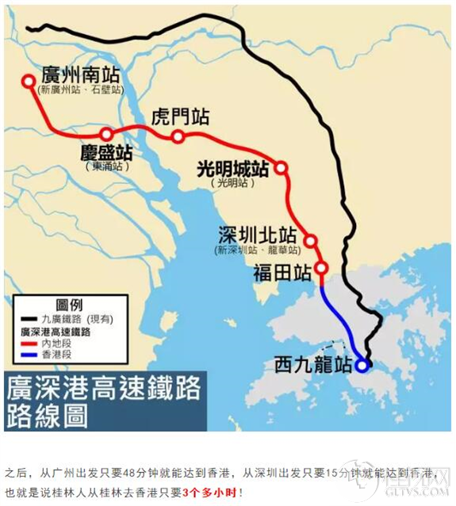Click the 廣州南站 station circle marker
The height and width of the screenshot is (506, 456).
tap(29, 80)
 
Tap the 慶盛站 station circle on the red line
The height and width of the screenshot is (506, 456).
tap(106, 134)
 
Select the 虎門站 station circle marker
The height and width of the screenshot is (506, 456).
tap(178, 137)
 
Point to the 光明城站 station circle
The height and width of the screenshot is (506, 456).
tap(280, 167)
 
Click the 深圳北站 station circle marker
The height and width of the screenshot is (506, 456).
tap(310, 240)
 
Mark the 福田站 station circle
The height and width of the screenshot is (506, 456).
tap(321, 267)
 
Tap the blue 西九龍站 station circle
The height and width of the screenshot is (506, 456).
tap(362, 366)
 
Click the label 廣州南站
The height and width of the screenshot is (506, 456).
tap(82, 76)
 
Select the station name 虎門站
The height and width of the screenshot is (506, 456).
tap(181, 117)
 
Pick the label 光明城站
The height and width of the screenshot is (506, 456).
tap(233, 168)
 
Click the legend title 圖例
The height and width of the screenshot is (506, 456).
tap(69, 305)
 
